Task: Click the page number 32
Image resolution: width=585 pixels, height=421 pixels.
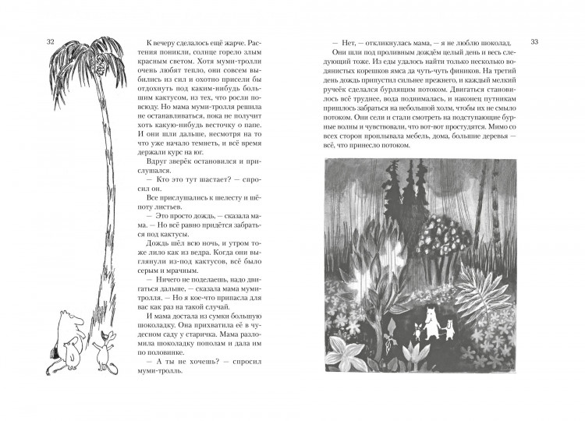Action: [x=51, y=41]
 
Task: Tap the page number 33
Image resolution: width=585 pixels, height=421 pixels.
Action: [x=534, y=41]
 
